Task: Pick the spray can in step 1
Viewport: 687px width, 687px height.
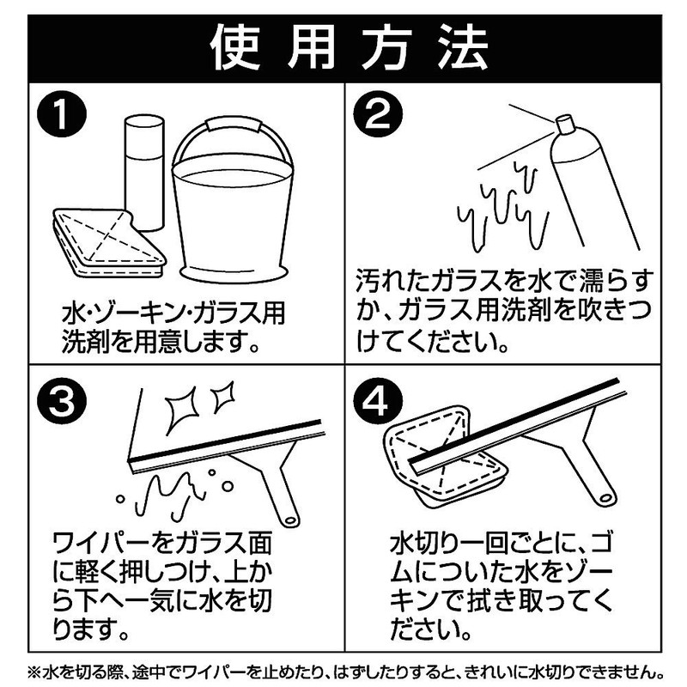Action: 143,172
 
